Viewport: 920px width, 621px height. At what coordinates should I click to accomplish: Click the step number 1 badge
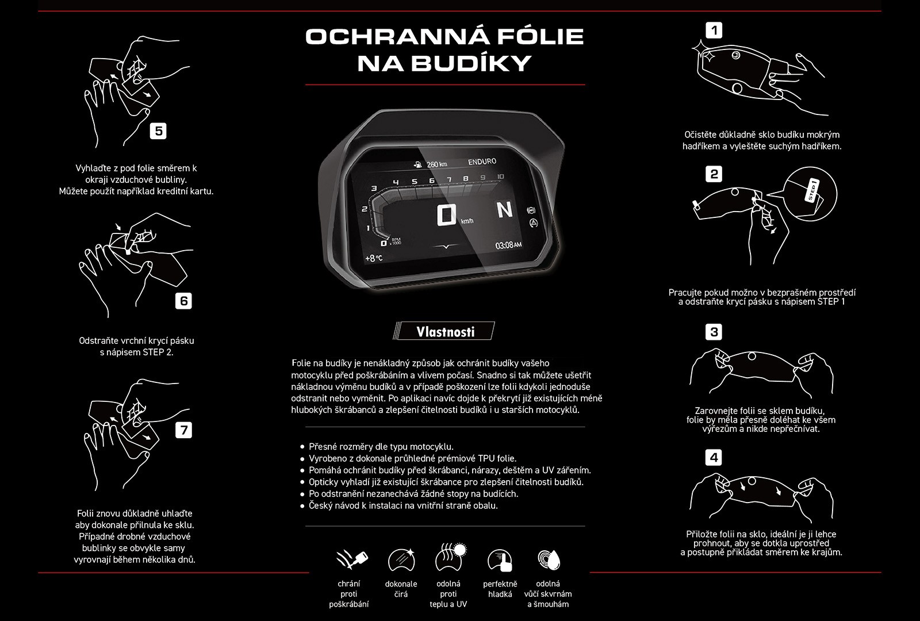(x=714, y=30)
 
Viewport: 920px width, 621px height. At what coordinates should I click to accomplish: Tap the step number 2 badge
(x=714, y=174)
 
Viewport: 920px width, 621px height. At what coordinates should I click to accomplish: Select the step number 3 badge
(x=714, y=332)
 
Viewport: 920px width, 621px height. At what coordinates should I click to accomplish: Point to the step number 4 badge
(x=714, y=458)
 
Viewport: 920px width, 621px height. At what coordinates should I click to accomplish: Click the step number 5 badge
(x=158, y=132)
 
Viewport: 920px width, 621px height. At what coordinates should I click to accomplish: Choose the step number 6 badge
(x=183, y=301)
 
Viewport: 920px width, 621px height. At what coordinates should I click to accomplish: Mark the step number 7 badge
(x=183, y=430)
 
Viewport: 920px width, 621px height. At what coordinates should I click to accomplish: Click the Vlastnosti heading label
(x=445, y=331)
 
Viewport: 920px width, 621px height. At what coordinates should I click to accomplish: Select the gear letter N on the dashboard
(x=505, y=209)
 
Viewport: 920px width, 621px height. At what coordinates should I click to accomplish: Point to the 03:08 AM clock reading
(x=508, y=245)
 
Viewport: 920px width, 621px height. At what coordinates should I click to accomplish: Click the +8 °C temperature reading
(x=374, y=258)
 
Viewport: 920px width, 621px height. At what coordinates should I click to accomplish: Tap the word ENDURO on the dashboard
(x=482, y=162)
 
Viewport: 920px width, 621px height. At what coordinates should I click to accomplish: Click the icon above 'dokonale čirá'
(x=401, y=560)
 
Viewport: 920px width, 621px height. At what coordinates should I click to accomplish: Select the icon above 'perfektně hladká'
(x=500, y=560)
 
